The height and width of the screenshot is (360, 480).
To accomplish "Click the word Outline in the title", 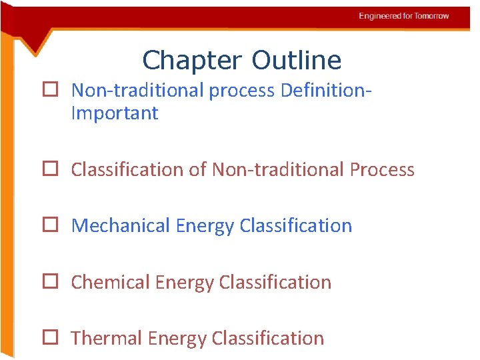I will pos(297,61).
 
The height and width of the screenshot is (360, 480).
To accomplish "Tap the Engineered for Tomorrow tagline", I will pos(403,16).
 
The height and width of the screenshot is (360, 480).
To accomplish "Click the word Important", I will pos(115,113).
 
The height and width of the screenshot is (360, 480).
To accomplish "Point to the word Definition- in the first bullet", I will pos(326,90).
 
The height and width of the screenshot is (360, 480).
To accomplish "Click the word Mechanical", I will pos(121,226).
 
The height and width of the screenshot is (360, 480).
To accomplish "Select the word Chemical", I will pos(110,283).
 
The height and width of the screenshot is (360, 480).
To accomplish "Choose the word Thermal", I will pos(107,339).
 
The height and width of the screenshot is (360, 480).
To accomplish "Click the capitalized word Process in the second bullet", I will pos(382,170).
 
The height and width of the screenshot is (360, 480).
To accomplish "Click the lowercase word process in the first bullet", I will pos(242,90).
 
